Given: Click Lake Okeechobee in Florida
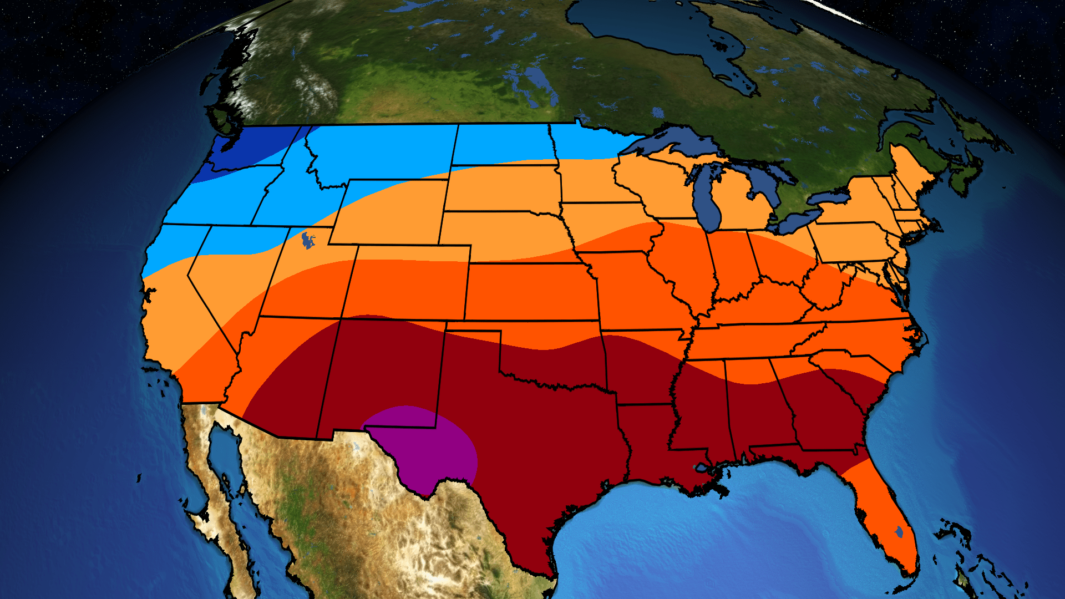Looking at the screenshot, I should coord(899,532).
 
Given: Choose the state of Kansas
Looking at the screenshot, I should coord(530,291).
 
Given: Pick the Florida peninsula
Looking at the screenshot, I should coord(882,516).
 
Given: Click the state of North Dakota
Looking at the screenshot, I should coord(502,144).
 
